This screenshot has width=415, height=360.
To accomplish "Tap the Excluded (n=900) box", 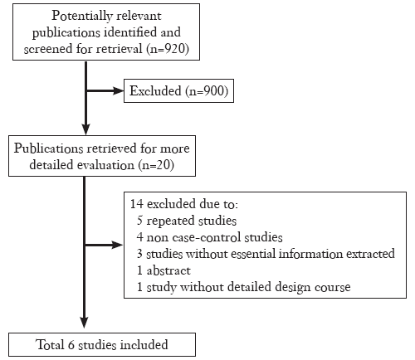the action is tap(178, 91).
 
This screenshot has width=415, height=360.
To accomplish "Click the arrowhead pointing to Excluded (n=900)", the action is tap(118, 90).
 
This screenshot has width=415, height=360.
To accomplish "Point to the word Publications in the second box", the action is tap(48, 148).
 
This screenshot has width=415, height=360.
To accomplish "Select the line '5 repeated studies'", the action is tap(187, 221).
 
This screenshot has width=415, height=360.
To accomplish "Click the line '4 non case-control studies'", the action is tap(209, 237).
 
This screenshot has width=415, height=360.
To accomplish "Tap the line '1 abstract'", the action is tap(164, 270).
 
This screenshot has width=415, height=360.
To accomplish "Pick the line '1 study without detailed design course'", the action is tap(244, 287).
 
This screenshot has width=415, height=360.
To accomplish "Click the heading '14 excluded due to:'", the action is tap(184, 204).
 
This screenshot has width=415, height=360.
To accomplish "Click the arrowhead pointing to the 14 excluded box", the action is tap(117, 245).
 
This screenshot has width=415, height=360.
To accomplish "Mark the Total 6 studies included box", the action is tap(102, 344).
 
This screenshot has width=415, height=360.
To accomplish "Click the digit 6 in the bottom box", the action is tap(71, 345).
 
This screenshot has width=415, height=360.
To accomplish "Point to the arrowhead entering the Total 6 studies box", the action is tap(84, 322).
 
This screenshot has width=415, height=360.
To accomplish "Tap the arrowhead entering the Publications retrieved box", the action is tap(86, 129).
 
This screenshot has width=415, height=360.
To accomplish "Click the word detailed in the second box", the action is tap(51, 165).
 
